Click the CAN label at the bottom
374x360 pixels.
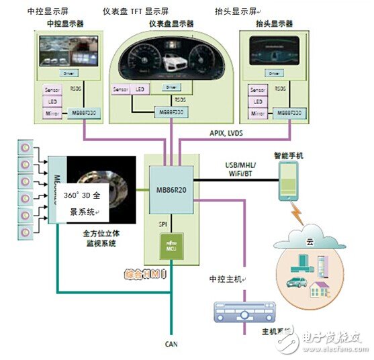[171, 344]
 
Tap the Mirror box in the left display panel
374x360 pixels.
[51, 115]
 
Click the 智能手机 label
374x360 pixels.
[289, 156]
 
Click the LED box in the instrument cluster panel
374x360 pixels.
[140, 89]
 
